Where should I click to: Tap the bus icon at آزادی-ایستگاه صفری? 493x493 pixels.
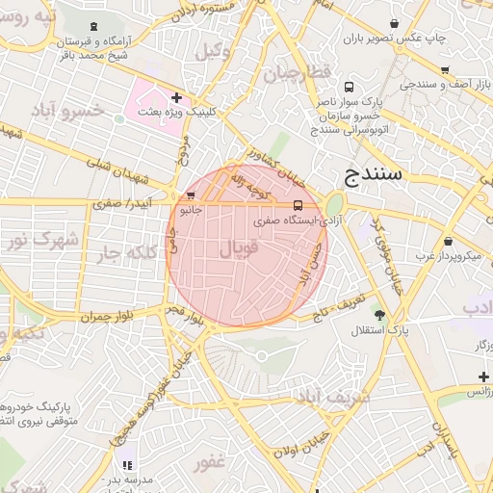click(297, 205)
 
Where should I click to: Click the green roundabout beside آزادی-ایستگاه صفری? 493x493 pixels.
click(334, 206)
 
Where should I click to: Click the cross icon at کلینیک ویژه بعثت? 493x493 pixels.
click(176, 97)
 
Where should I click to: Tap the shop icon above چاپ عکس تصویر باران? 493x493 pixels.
click(394, 23)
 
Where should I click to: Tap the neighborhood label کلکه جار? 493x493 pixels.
click(125, 254)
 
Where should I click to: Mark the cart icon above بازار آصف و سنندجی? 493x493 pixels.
click(444, 70)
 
